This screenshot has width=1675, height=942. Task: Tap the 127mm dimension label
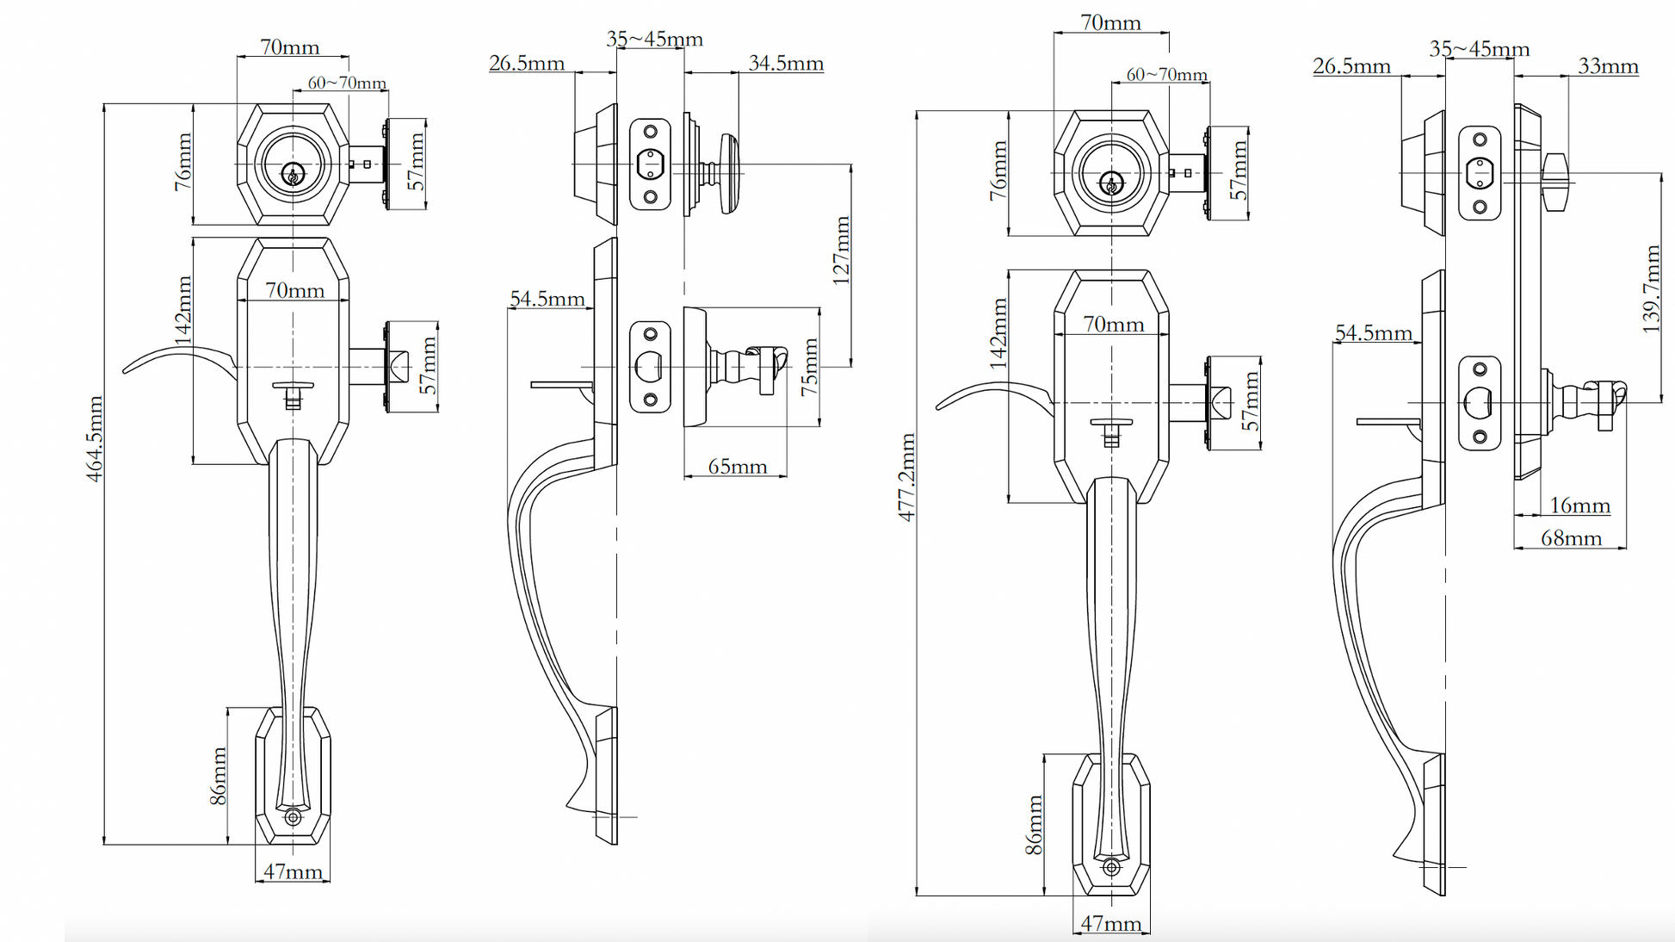click(x=841, y=250)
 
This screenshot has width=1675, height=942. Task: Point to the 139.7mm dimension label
click(x=1651, y=288)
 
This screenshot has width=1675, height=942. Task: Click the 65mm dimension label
click(x=737, y=467)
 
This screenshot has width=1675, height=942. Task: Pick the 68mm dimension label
click(x=1571, y=538)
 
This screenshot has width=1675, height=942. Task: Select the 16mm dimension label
click(x=1579, y=505)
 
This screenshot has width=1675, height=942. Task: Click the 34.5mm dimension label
click(x=785, y=63)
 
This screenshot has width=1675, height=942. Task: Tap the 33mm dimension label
click(x=1608, y=66)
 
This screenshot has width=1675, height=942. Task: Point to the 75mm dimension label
click(x=809, y=368)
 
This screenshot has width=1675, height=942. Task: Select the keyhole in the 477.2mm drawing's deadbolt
click(x=1111, y=184)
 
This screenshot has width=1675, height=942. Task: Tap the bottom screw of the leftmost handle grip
click(x=293, y=816)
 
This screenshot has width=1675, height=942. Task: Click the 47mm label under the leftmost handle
click(x=293, y=871)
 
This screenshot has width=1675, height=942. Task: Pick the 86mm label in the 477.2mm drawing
click(x=1034, y=825)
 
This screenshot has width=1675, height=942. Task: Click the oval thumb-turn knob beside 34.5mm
click(x=729, y=172)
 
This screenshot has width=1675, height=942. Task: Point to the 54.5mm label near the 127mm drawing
click(x=547, y=299)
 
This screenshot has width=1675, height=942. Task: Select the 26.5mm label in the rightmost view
click(x=1351, y=66)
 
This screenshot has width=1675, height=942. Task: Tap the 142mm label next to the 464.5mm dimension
click(x=182, y=310)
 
